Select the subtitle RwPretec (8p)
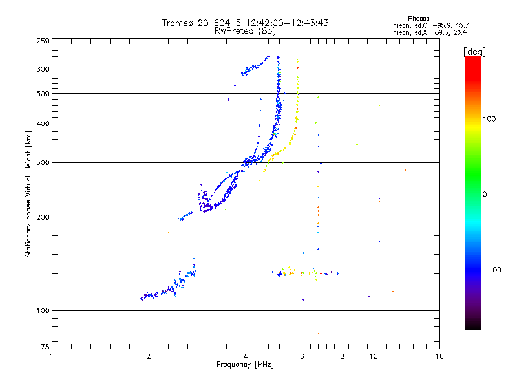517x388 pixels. (x=246, y=30)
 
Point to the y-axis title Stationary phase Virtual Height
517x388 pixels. (x=28, y=194)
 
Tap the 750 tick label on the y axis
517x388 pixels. (x=43, y=41)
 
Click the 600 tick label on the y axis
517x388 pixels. (x=43, y=69)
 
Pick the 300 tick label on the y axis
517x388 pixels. (x=43, y=162)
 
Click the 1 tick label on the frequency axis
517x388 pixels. (x=52, y=356)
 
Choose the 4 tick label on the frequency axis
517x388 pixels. (x=246, y=356)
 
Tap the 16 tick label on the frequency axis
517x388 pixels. (x=439, y=356)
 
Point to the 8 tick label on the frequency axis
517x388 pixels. (x=343, y=356)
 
